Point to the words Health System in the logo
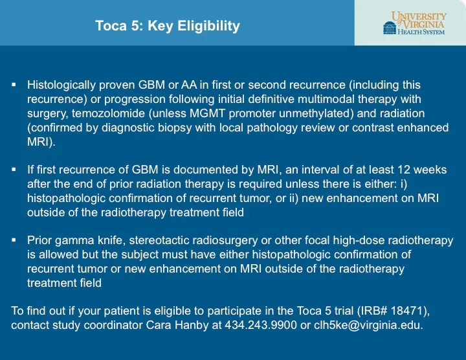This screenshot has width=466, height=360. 421,32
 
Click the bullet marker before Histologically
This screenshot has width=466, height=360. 14,85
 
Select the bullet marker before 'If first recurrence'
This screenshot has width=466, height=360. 14,170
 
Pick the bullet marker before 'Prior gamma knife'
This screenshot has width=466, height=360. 14,240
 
